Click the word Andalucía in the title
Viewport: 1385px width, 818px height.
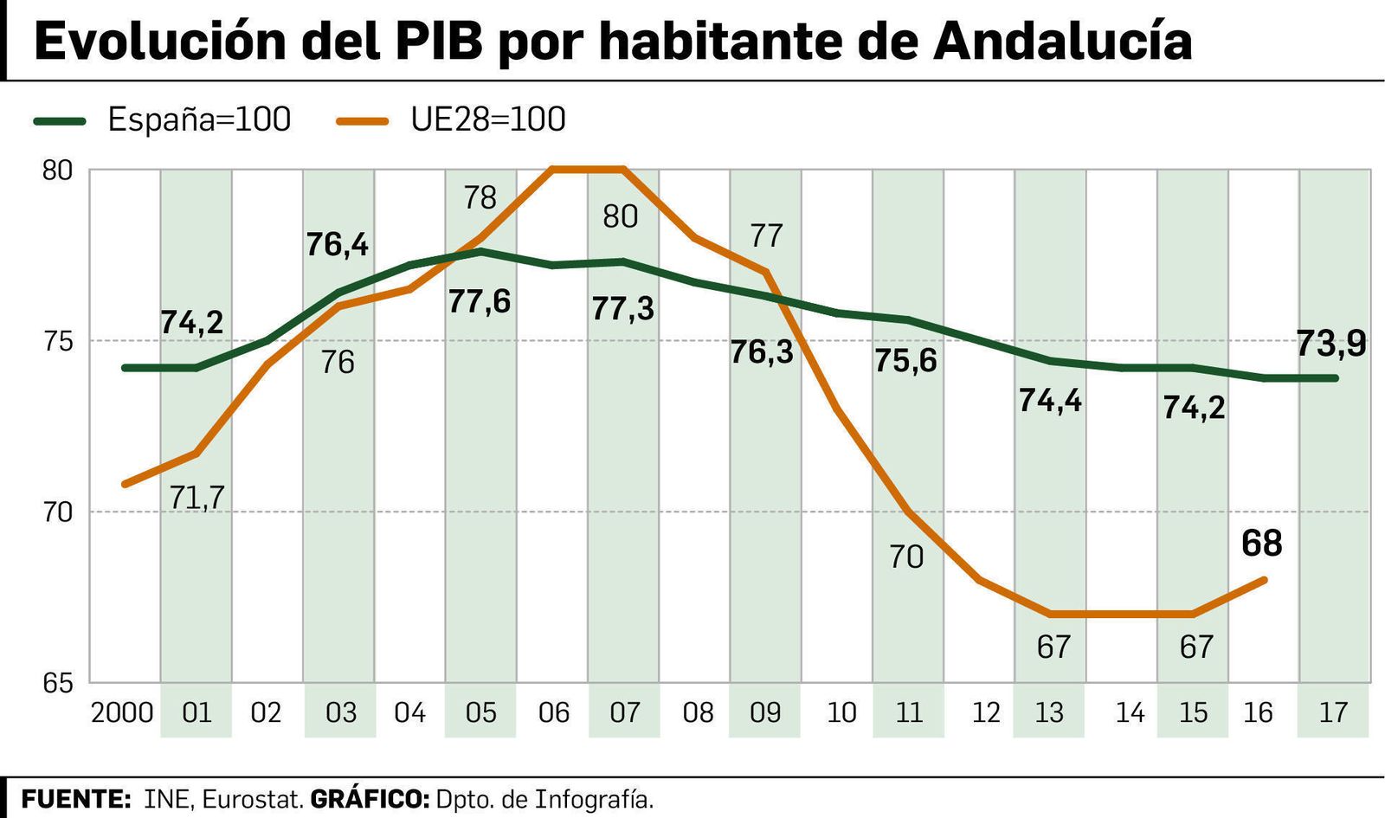pyautogui.click(x=1062, y=41)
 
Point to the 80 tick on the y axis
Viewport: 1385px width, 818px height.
pyautogui.click(x=57, y=171)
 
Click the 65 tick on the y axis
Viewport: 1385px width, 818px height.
pyautogui.click(x=57, y=683)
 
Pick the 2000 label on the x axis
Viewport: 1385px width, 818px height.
pyautogui.click(x=122, y=712)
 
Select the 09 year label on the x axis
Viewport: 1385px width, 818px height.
pyautogui.click(x=765, y=712)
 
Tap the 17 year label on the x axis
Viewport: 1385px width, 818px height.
pyautogui.click(x=1333, y=712)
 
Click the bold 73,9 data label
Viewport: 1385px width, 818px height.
pyautogui.click(x=1331, y=344)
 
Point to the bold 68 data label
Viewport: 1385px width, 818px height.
pyautogui.click(x=1261, y=544)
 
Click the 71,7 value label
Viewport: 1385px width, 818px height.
pyautogui.click(x=196, y=498)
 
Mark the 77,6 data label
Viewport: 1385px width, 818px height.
pyautogui.click(x=480, y=301)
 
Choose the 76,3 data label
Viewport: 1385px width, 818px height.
pyautogui.click(x=762, y=352)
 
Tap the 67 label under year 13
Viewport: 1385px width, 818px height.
pyautogui.click(x=1053, y=647)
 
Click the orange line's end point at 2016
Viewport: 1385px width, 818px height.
pyautogui.click(x=1265, y=580)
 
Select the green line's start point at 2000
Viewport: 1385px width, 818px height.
pyautogui.click(x=126, y=368)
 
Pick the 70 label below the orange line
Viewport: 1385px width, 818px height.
pyautogui.click(x=906, y=557)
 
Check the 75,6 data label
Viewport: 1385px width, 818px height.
pyautogui.click(x=905, y=360)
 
